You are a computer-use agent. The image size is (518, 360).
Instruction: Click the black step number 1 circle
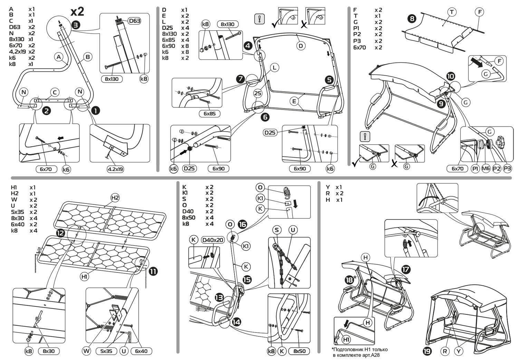click(95, 111)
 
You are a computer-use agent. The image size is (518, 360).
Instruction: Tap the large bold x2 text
click(77, 11)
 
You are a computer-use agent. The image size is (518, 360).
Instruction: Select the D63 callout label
click(134, 21)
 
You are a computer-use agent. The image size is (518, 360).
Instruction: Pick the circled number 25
click(258, 93)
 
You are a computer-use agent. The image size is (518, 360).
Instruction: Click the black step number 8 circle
click(412, 18)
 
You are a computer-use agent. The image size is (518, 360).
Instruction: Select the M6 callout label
click(486, 169)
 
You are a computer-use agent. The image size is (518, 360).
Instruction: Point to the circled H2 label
click(115, 198)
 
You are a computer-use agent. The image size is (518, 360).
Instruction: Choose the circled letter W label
click(86, 351)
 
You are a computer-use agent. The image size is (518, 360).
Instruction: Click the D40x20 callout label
click(213, 240)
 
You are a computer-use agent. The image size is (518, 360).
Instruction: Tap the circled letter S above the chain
click(277, 230)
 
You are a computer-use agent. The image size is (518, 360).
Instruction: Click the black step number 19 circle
click(427, 351)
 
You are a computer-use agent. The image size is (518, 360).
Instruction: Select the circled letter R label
click(445, 351)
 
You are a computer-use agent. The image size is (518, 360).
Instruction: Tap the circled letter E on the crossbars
click(294, 101)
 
